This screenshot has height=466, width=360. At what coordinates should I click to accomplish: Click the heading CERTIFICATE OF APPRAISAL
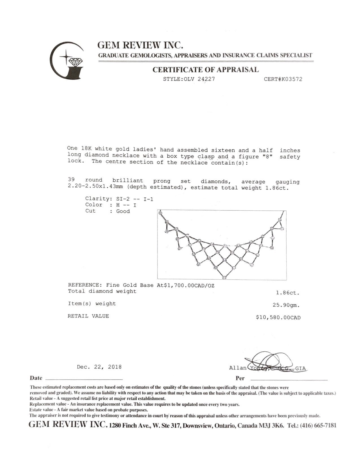[x=206, y=70]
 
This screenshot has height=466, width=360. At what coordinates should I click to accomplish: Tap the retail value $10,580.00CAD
[x=278, y=317]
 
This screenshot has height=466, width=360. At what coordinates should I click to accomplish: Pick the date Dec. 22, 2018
[x=99, y=367]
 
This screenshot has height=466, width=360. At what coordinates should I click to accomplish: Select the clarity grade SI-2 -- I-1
[x=135, y=199]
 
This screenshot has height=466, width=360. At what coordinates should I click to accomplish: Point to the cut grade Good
[x=123, y=211]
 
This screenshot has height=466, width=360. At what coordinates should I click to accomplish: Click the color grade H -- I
[x=126, y=205]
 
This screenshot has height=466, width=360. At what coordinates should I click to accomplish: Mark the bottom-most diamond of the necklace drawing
[x=224, y=278]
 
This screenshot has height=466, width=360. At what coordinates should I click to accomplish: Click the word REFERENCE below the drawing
[x=83, y=285]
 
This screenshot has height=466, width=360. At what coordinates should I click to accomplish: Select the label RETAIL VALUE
[x=88, y=316]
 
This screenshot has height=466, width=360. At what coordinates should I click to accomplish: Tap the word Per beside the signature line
[x=240, y=378]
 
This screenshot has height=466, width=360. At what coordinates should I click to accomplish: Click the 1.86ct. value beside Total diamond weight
[x=287, y=293]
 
